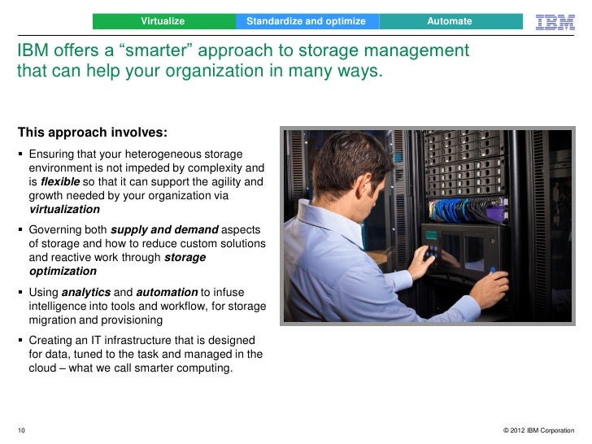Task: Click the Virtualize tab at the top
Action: (x=163, y=20)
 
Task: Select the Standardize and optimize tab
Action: (x=306, y=20)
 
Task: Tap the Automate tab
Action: (x=450, y=20)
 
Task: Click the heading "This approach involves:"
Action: (x=93, y=133)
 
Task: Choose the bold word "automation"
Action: (x=167, y=292)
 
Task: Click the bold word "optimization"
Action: (x=63, y=272)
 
